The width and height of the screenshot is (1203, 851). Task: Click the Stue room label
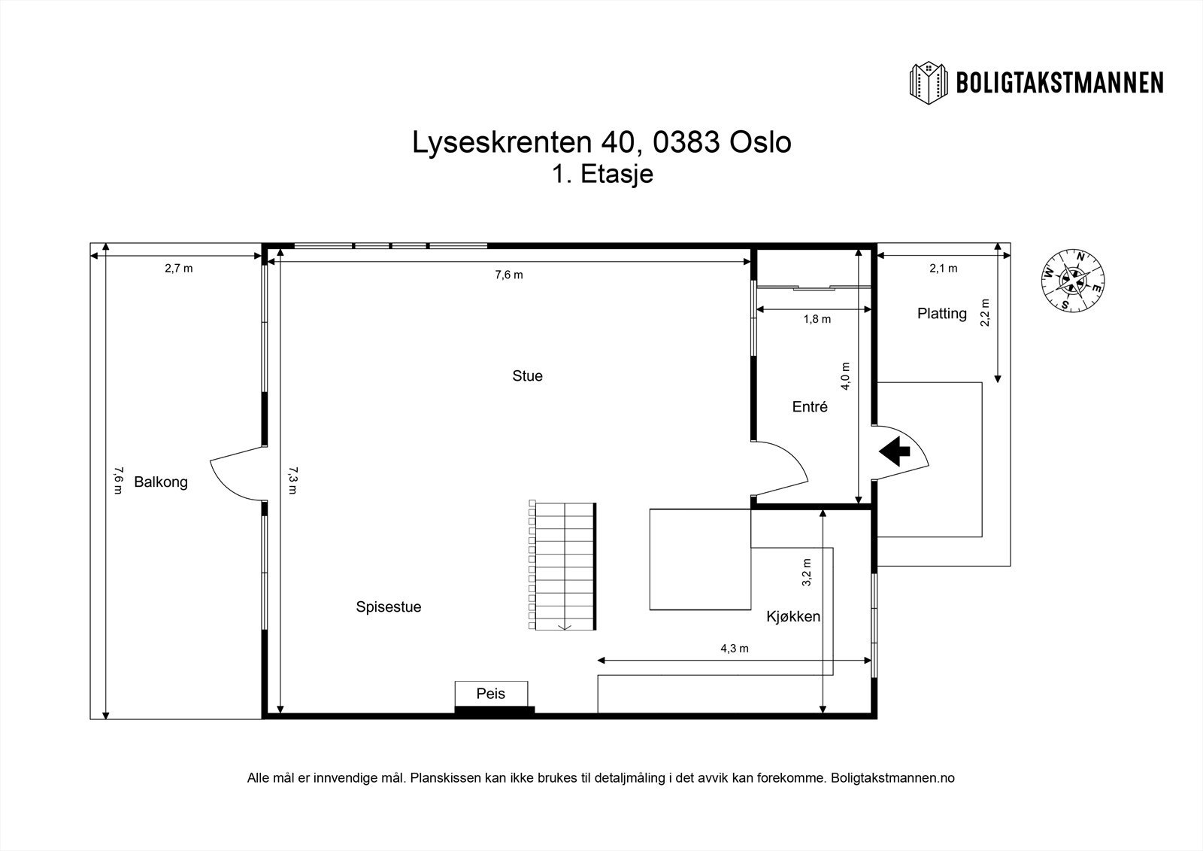tap(527, 375)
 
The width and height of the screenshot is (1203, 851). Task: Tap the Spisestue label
tap(388, 606)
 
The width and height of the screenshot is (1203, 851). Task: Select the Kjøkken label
tap(792, 616)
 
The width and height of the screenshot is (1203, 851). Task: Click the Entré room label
tap(810, 406)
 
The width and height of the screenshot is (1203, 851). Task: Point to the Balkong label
tap(160, 482)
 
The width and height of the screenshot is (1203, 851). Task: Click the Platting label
tap(941, 313)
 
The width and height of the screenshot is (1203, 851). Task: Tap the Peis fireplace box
tap(491, 694)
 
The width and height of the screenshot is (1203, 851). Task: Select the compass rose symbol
tap(1073, 280)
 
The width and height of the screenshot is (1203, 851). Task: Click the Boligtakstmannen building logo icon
tap(929, 82)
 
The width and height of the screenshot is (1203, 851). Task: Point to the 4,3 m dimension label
tap(734, 648)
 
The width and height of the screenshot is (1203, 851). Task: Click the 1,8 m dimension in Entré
tap(817, 319)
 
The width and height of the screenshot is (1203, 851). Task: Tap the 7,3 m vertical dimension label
tap(292, 479)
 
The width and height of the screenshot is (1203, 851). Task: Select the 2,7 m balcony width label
tap(178, 268)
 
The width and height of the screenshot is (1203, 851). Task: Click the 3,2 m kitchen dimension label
tap(807, 572)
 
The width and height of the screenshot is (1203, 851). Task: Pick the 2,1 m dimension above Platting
tap(943, 268)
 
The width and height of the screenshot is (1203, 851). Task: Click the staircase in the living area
tap(563, 567)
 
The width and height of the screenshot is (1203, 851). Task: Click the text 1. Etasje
tap(601, 174)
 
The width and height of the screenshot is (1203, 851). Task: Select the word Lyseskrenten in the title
tap(500, 142)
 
